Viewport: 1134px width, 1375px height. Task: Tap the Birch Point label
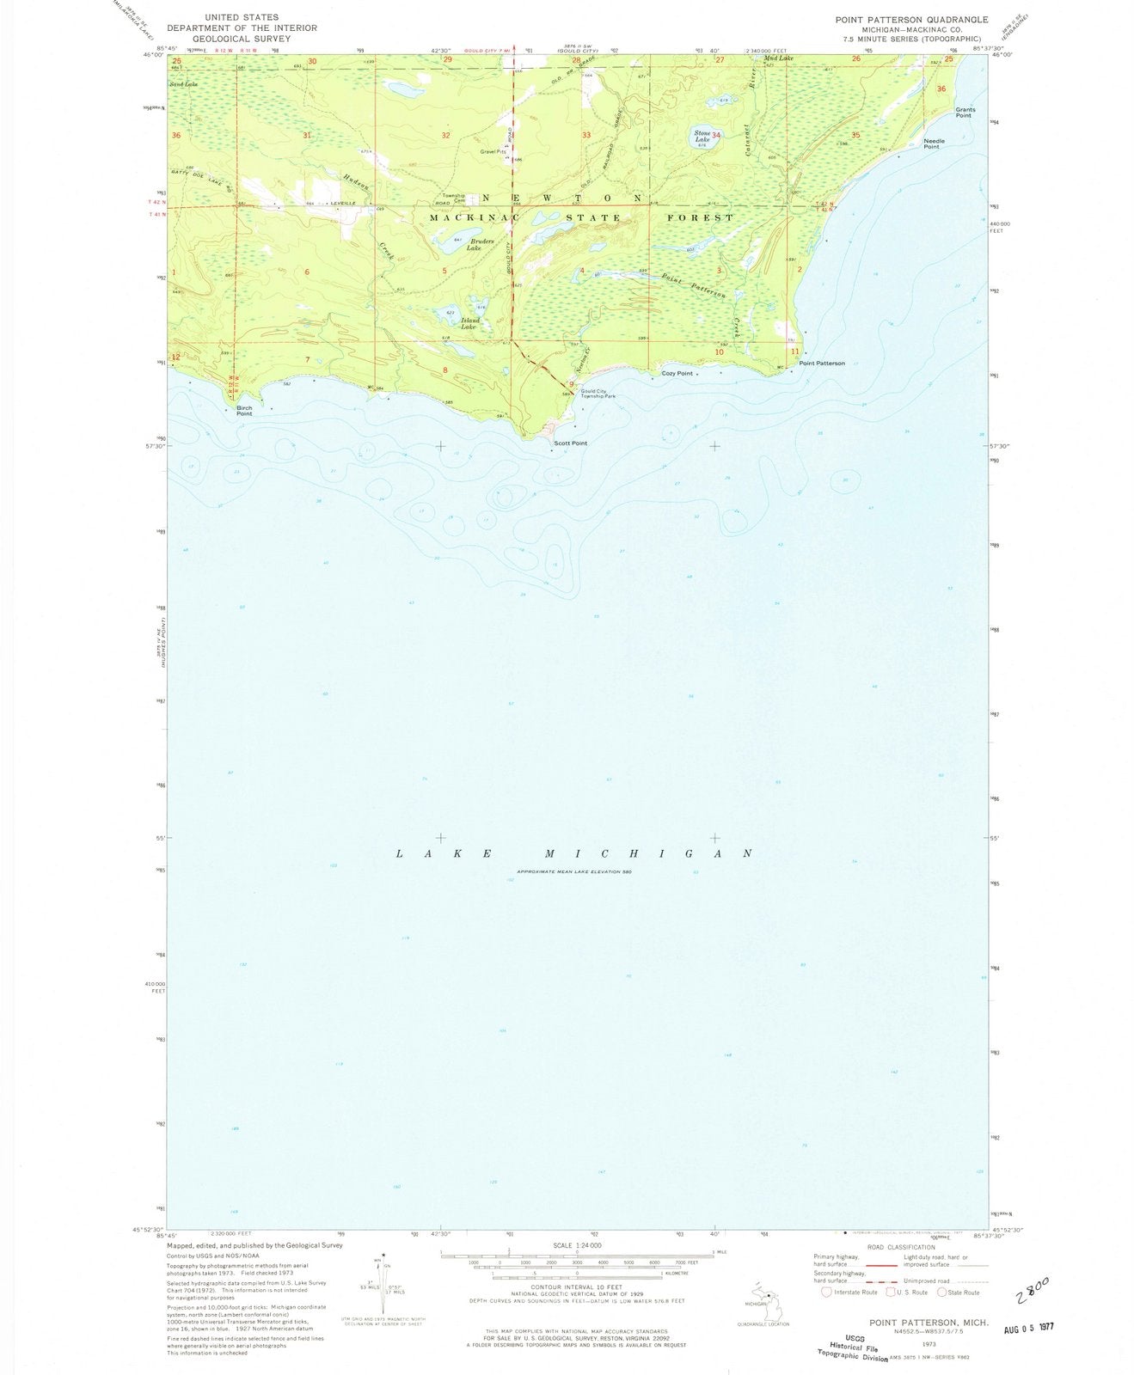point(244,411)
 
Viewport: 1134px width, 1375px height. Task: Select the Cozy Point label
point(677,374)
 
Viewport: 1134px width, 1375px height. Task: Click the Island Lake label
point(469,324)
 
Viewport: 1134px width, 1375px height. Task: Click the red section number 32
point(445,137)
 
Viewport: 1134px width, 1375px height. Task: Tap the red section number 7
point(307,358)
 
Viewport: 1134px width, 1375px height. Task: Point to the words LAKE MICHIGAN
point(573,853)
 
